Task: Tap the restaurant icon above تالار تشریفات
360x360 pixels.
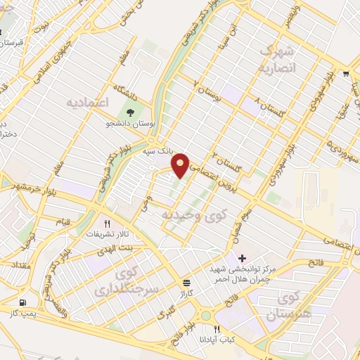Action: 108,224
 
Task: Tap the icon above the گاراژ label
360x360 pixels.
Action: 186,281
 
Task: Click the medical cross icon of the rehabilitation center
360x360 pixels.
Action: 243,259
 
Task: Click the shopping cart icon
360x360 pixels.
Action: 345,73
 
